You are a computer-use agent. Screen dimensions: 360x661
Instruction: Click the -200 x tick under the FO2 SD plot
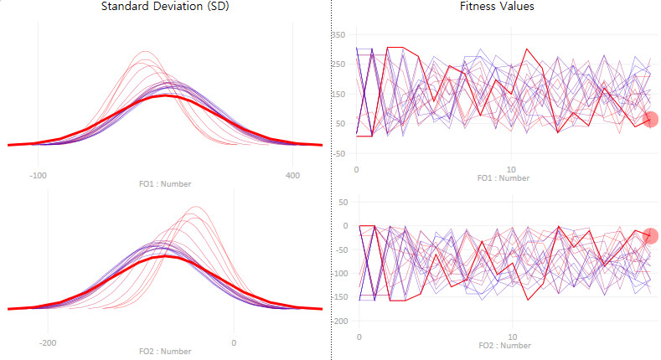48,342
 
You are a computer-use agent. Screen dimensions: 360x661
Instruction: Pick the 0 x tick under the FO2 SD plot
234,342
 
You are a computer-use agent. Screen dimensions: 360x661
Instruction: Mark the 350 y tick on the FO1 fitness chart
338,34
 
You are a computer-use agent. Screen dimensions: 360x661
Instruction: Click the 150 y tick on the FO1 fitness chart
338,94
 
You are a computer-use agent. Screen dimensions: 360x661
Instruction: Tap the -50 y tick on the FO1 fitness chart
338,153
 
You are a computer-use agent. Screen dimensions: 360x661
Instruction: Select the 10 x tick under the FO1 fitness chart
511,170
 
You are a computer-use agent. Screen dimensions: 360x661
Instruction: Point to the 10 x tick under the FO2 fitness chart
513,337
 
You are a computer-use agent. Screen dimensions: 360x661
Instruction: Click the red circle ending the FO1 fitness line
651,119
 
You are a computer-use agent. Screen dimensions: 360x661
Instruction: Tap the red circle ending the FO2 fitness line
651,235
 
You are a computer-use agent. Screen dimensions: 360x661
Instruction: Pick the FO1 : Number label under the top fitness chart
503,177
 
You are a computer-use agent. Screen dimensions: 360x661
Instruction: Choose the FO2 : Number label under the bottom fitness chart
503,345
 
